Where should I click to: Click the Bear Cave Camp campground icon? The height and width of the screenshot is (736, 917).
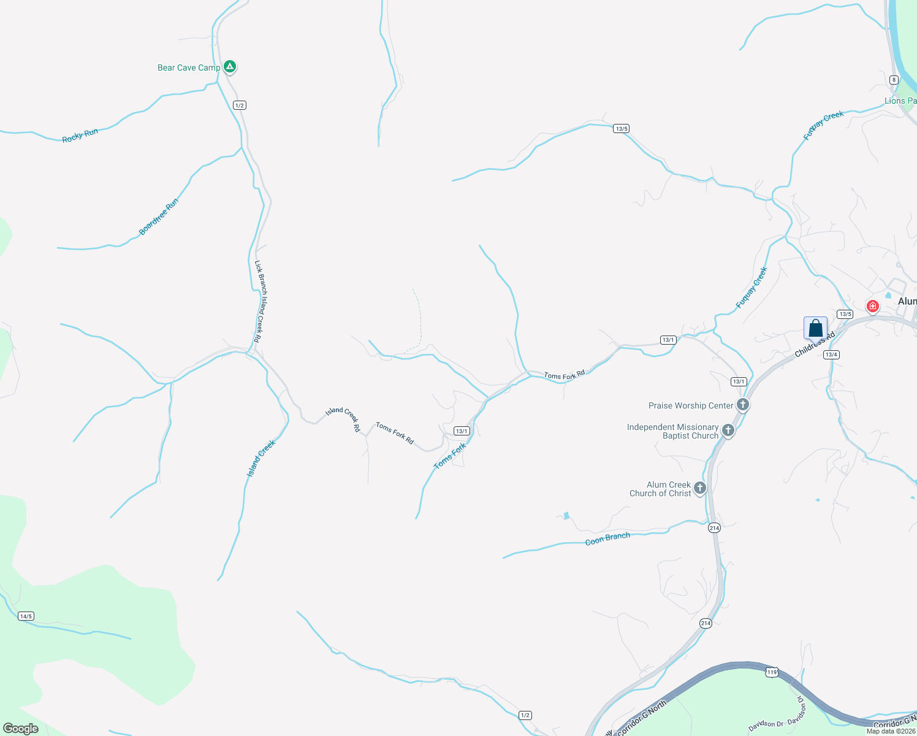pyautogui.click(x=229, y=66)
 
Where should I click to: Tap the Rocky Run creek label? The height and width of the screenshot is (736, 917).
pyautogui.click(x=80, y=136)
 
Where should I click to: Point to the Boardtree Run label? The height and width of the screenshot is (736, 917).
pyautogui.click(x=159, y=217)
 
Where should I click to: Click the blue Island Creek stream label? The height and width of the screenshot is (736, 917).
pyautogui.click(x=261, y=459)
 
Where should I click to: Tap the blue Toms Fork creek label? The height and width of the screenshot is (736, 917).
pyautogui.click(x=450, y=456)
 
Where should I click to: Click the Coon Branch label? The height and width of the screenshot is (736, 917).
pyautogui.click(x=607, y=539)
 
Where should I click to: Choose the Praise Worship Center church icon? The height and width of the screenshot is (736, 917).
pyautogui.click(x=742, y=405)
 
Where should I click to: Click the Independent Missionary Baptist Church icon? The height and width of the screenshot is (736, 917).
pyautogui.click(x=728, y=431)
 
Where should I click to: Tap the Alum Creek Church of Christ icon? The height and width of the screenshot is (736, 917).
pyautogui.click(x=699, y=488)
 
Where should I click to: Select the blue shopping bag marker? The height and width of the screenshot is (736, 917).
pyautogui.click(x=815, y=328)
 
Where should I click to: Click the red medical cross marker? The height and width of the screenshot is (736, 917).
pyautogui.click(x=872, y=305)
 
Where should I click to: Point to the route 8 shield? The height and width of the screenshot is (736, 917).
pyautogui.click(x=894, y=80)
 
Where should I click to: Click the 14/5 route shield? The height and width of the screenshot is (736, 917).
pyautogui.click(x=26, y=616)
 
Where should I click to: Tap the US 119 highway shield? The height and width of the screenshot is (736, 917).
pyautogui.click(x=772, y=672)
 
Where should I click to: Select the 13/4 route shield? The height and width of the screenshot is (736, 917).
pyautogui.click(x=831, y=355)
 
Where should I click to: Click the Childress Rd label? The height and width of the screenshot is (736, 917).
pyautogui.click(x=815, y=345)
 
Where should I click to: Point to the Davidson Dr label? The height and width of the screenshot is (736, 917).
pyautogui.click(x=766, y=726)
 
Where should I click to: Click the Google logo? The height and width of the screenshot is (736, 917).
pyautogui.click(x=21, y=729)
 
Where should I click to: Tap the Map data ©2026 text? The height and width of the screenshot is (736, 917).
pyautogui.click(x=891, y=731)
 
